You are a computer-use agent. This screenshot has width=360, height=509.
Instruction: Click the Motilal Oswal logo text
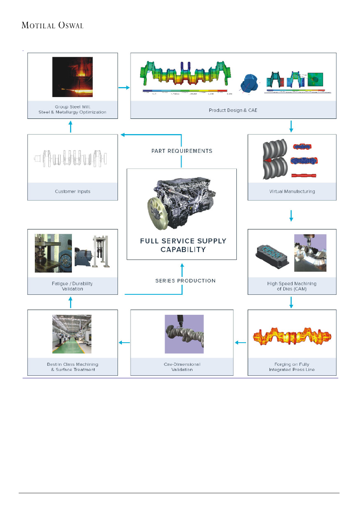(x=52, y=25)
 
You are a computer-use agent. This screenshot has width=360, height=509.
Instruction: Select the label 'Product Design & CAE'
(x=233, y=110)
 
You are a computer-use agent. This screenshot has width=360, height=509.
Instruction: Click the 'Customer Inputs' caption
(x=73, y=192)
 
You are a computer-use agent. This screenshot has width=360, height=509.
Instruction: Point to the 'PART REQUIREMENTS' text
(x=182, y=151)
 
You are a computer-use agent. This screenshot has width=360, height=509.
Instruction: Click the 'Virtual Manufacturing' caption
(x=292, y=192)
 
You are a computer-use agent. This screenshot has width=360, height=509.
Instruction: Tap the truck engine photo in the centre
(x=182, y=204)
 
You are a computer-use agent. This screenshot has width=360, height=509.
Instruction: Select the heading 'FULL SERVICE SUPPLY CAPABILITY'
(x=183, y=245)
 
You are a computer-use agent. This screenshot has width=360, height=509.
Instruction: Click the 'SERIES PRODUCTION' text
(x=185, y=281)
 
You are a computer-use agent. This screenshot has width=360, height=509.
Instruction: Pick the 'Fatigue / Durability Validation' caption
(x=72, y=286)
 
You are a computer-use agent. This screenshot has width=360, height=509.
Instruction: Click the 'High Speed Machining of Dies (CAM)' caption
(x=292, y=286)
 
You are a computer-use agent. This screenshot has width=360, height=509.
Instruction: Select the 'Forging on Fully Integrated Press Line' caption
(x=292, y=367)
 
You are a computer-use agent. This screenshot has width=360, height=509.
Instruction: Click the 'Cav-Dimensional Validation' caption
(x=182, y=367)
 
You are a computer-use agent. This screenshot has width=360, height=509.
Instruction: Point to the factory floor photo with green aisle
(x=72, y=334)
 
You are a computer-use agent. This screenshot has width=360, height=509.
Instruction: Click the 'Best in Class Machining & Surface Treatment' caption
(x=73, y=367)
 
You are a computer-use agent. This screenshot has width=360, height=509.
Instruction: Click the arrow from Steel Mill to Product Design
(x=124, y=88)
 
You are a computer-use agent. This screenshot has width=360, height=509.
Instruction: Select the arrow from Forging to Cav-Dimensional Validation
(x=240, y=343)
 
